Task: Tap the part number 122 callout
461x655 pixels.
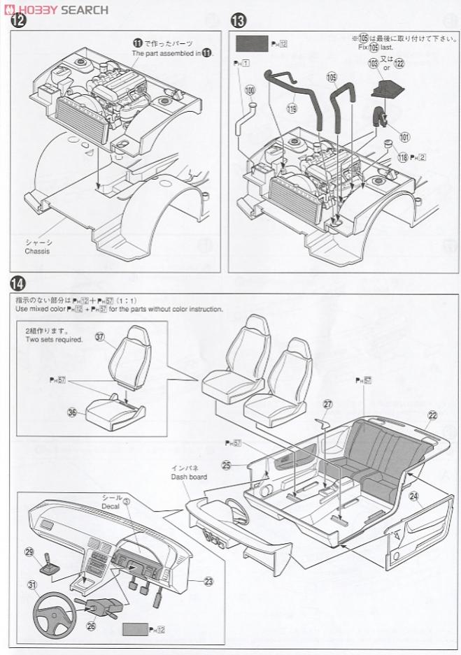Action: click(x=399, y=63)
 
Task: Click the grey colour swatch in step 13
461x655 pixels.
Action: click(x=251, y=43)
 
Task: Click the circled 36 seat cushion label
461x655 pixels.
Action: click(x=71, y=412)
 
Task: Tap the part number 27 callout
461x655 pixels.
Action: click(x=328, y=404)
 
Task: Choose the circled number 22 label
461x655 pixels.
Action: click(x=432, y=415)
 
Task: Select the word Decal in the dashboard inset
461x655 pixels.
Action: click(x=112, y=501)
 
